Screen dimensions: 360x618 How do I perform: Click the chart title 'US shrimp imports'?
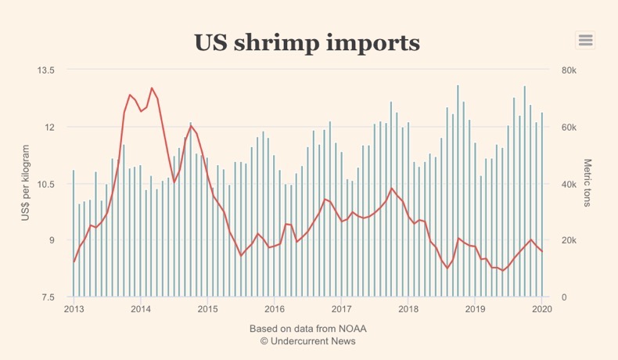coord(307,42)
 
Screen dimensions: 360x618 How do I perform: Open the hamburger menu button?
coord(585,40)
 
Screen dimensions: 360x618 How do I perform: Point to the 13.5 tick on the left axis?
coord(46,70)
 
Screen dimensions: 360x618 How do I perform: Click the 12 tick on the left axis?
coord(50,127)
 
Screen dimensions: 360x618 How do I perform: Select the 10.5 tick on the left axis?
coord(46,184)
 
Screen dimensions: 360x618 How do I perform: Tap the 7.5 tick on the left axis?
coord(49,297)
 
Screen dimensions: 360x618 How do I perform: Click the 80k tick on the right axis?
coord(569,70)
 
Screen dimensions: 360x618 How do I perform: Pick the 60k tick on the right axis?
coord(569,127)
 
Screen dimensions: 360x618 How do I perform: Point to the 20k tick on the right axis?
coord(569,240)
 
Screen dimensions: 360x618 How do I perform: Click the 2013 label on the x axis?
coord(74,309)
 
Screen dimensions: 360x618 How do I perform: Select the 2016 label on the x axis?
coord(275,309)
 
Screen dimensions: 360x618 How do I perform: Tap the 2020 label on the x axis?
coord(542,309)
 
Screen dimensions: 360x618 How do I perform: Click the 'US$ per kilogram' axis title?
coord(26,182)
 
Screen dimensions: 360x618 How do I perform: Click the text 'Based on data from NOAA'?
coord(307,328)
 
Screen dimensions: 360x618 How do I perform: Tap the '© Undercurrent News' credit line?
coord(307,340)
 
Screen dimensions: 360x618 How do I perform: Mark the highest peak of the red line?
coord(152,88)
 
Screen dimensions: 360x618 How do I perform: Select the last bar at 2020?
coord(541,205)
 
